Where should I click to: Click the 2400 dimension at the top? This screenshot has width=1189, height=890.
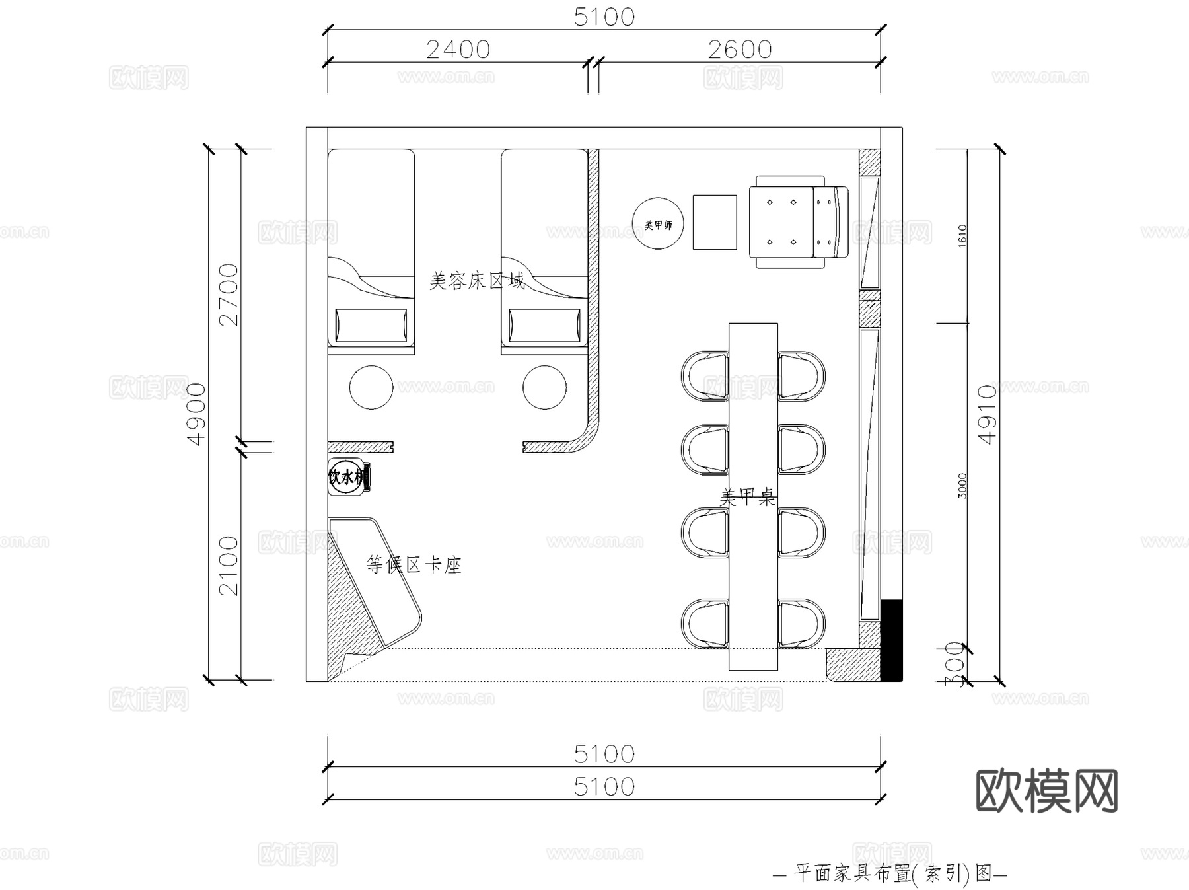458,50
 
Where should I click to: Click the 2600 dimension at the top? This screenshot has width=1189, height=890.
739,50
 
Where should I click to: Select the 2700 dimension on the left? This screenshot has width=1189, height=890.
229,294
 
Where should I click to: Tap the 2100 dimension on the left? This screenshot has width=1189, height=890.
229,565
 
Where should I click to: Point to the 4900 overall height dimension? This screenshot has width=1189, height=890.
196,414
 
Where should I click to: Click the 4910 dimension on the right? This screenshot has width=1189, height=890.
987,414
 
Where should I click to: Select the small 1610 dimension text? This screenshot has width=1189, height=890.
962,236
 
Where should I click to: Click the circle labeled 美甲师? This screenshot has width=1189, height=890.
658,224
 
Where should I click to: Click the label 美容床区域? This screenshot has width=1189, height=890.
477,281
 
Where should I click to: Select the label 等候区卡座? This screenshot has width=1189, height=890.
414,565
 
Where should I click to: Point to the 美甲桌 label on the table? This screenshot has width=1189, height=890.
747,497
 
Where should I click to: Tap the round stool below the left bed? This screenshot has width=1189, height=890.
371,388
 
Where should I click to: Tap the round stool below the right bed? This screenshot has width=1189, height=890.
544,388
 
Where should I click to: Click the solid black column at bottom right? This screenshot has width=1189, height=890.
891,640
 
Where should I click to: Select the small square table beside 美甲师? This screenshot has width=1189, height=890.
714,222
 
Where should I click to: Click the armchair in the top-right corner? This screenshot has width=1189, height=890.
798,222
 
